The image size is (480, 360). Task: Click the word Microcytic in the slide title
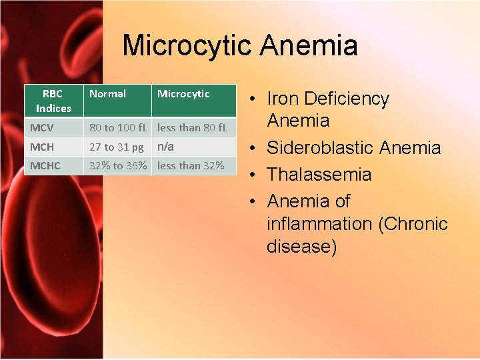pyautogui.click(x=187, y=46)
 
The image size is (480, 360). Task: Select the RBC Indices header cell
pyautogui.click(x=53, y=101)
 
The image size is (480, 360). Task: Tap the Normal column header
pyautogui.click(x=107, y=94)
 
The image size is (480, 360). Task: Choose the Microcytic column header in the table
pyautogui.click(x=183, y=94)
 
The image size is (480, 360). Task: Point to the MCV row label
pyautogui.click(x=42, y=127)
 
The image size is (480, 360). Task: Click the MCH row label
pyautogui.click(x=42, y=147)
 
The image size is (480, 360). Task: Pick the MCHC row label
pyautogui.click(x=45, y=165)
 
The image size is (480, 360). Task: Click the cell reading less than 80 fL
pyautogui.click(x=192, y=127)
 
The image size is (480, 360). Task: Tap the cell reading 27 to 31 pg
pyautogui.click(x=117, y=147)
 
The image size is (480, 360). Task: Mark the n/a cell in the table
pyautogui.click(x=165, y=146)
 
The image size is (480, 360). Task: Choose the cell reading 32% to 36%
pyautogui.click(x=119, y=165)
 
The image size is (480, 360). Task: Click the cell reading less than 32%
pyautogui.click(x=191, y=165)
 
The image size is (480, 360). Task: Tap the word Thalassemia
pyautogui.click(x=319, y=175)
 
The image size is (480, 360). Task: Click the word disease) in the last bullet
pyautogui.click(x=302, y=247)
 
